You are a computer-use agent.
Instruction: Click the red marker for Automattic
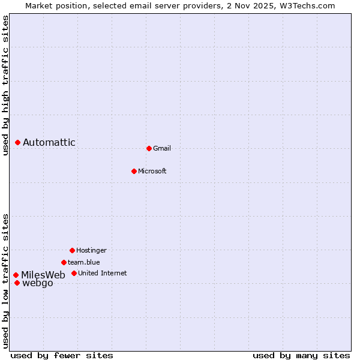[x=18, y=142]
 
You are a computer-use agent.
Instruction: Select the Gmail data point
[x=149, y=148]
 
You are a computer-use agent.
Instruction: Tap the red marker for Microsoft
[x=134, y=171]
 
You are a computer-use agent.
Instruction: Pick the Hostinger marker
[x=72, y=250]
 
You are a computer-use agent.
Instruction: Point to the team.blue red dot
[x=64, y=262]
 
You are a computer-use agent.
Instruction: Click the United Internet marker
[x=74, y=273]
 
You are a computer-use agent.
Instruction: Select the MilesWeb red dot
[x=16, y=275]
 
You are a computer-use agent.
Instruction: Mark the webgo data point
[x=17, y=283]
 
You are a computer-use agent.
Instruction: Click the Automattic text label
[x=49, y=142]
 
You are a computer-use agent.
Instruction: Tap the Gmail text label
[x=162, y=148]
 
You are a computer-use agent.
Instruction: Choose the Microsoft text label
[x=152, y=171]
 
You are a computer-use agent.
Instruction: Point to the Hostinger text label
[x=91, y=250]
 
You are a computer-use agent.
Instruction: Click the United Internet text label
[x=103, y=273]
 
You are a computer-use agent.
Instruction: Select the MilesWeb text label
[x=43, y=275]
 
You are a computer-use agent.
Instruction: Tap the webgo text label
[x=38, y=283]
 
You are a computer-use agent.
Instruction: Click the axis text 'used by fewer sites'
[x=62, y=356]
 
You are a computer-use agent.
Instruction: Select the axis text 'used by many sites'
[x=301, y=356]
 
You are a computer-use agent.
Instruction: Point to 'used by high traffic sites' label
[x=6, y=86]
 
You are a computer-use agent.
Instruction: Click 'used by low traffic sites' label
[x=6, y=281]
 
